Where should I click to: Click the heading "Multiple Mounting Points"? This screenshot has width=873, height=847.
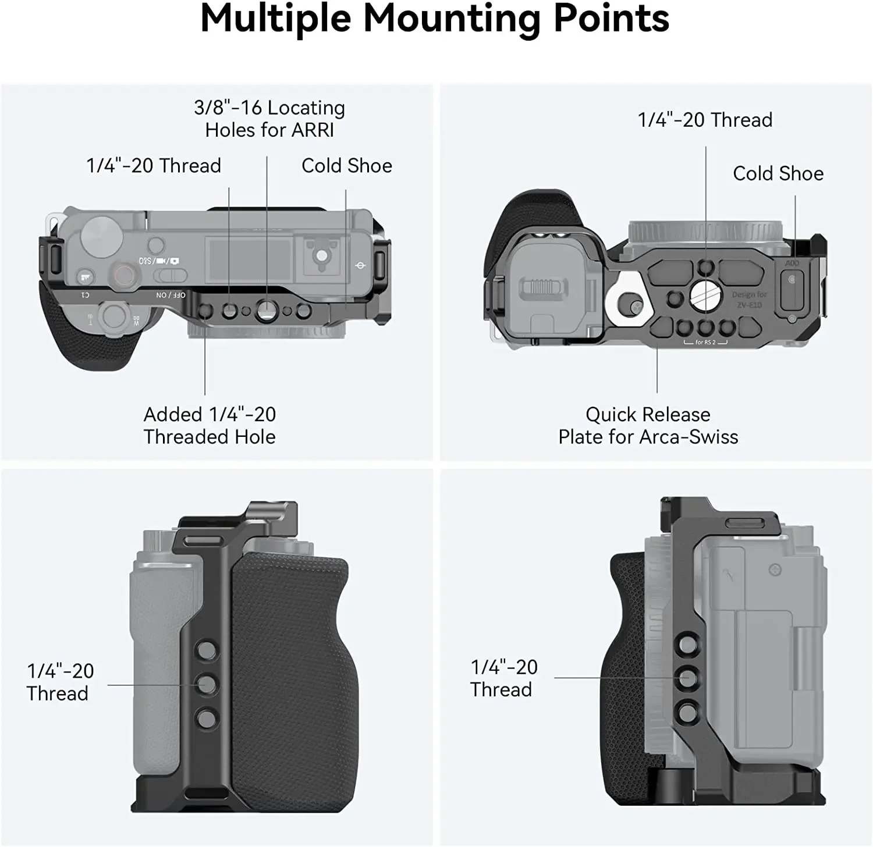click(435, 19)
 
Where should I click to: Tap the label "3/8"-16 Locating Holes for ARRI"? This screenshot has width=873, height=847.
click(269, 119)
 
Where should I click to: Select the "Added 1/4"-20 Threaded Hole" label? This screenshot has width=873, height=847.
click(210, 426)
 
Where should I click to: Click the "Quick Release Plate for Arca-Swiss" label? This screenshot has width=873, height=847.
click(648, 426)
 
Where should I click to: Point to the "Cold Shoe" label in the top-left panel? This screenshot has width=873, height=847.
click(346, 166)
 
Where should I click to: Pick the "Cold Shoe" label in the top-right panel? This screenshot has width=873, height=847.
click(778, 173)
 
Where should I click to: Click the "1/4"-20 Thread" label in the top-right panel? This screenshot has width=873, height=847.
click(705, 120)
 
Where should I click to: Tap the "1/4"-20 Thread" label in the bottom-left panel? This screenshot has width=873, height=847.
click(59, 682)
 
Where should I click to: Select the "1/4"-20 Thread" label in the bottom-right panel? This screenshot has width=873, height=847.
click(503, 678)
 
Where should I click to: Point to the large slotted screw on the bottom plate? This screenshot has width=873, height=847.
click(705, 297)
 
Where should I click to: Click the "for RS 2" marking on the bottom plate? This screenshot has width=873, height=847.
click(705, 342)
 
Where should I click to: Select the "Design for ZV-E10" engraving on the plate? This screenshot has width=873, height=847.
click(749, 300)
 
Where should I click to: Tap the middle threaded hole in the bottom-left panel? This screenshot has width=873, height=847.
click(206, 684)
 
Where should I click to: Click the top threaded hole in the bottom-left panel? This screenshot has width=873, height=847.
click(206, 650)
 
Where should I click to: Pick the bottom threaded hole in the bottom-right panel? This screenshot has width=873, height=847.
click(687, 710)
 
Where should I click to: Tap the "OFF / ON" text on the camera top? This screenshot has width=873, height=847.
click(171, 295)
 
